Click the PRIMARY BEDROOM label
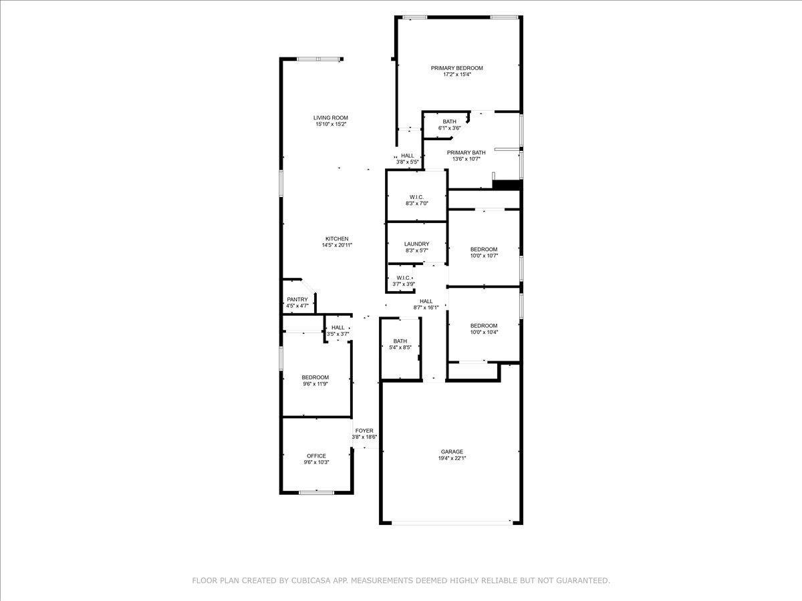(456, 68)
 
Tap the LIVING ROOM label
(331, 118)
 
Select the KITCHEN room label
(337, 239)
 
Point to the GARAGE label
(452, 451)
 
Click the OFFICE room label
(317, 456)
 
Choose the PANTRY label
(297, 299)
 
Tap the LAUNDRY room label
(416, 244)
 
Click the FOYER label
(364, 431)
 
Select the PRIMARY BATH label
(466, 152)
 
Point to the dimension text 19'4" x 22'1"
(452, 459)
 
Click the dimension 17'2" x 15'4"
(456, 75)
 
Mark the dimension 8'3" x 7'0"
(416, 204)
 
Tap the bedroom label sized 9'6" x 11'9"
(315, 377)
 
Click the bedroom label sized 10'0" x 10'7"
(484, 249)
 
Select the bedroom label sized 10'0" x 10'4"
(484, 325)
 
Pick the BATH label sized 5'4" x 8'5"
(400, 341)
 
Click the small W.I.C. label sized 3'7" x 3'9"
(404, 278)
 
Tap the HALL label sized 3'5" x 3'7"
(338, 327)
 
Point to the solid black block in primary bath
(507, 185)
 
